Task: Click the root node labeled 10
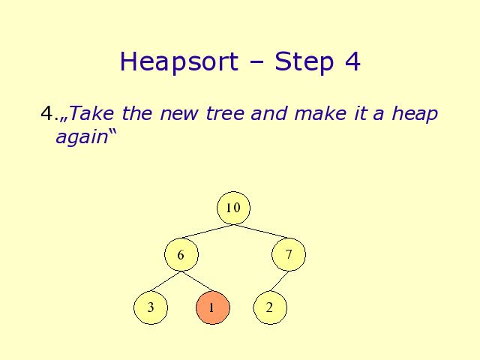tap(233, 208)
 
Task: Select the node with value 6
tap(181, 255)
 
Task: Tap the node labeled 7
tap(289, 254)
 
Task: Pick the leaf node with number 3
tap(151, 307)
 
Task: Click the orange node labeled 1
tap(213, 307)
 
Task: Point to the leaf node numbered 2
tap(270, 307)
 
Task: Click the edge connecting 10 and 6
tap(207, 232)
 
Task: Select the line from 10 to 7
tap(261, 232)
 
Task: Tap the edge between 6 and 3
tap(166, 281)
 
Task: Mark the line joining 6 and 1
tap(197, 281)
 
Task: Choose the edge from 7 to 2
tap(279, 281)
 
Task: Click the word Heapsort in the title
tap(179, 62)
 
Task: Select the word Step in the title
tap(304, 62)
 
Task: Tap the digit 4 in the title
tap(352, 61)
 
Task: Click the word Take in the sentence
tap(91, 113)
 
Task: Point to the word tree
tap(225, 113)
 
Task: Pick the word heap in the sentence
tap(415, 114)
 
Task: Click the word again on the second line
tap(82, 136)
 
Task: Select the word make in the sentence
tap(320, 113)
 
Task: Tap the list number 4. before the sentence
tap(49, 113)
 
